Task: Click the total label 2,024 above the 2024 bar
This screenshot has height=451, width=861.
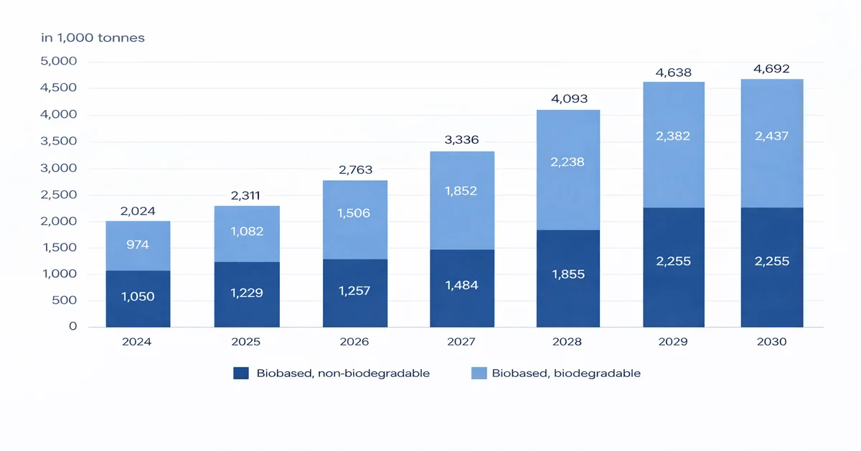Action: tap(137, 211)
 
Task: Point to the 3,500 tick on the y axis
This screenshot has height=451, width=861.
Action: tap(60, 141)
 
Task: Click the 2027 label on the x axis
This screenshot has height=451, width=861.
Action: tap(461, 342)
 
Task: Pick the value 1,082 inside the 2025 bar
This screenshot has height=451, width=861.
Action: tap(246, 232)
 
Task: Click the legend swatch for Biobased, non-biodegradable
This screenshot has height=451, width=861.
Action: tap(241, 373)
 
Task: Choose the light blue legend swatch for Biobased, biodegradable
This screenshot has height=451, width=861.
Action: tap(479, 373)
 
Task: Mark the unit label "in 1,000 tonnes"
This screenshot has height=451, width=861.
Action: tap(93, 37)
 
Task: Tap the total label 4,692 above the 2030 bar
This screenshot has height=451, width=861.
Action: tap(771, 70)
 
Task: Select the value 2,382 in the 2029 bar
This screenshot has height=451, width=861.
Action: tap(674, 136)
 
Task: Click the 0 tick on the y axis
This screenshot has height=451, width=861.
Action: tap(72, 327)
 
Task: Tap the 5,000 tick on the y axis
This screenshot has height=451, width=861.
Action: tap(60, 62)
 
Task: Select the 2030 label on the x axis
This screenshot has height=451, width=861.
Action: tap(771, 342)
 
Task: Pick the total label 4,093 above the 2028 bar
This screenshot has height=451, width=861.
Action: tap(568, 100)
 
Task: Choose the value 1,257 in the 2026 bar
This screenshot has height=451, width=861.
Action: tap(355, 292)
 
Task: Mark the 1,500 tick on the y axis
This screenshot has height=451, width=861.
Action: tap(60, 248)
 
